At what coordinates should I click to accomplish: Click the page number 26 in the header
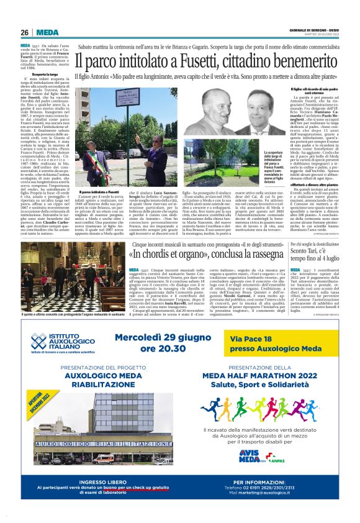point(25,32)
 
